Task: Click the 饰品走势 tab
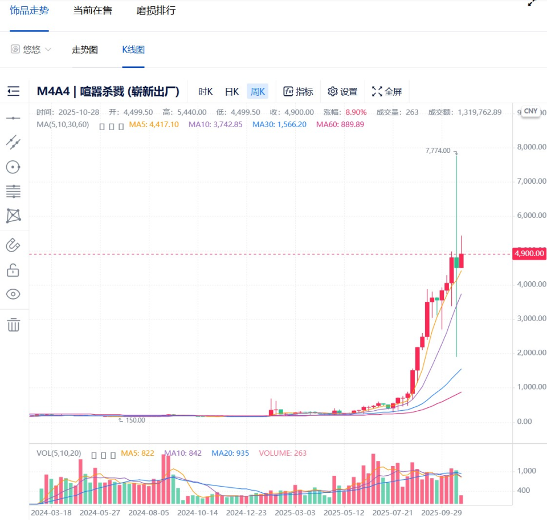pos(29,11)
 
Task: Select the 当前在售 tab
pos(92,11)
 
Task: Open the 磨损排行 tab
pos(156,11)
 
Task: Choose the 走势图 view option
pos(85,50)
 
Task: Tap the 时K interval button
pos(205,91)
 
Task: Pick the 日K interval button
pos(231,91)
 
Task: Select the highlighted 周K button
pos(258,91)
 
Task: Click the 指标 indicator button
pos(298,91)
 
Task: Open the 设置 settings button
pos(342,91)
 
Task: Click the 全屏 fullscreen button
pos(387,91)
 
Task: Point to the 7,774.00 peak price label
pos(438,151)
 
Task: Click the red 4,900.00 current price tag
pos(529,254)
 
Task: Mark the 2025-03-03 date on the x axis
pos(295,512)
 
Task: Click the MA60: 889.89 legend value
pos(340,124)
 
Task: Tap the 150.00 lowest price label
pos(134,420)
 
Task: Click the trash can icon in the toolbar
pos(13,325)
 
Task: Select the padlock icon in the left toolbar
pos(13,270)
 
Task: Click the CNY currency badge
pos(530,111)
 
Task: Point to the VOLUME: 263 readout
pos(283,453)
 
